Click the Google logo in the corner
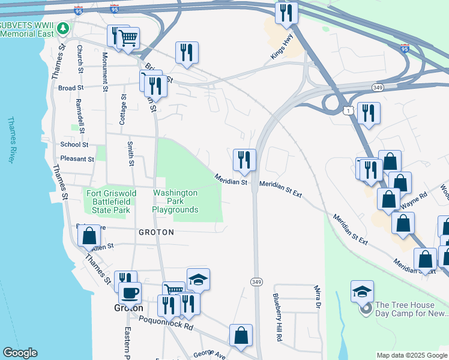pos(20,353)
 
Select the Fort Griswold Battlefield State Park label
pos(112,202)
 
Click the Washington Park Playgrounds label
pos(175,202)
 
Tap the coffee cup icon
pos(130,293)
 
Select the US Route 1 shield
pos(348,110)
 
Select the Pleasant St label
pos(77,160)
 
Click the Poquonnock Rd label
pos(166,325)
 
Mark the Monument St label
pos(104,71)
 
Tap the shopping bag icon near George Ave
pos(241,335)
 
